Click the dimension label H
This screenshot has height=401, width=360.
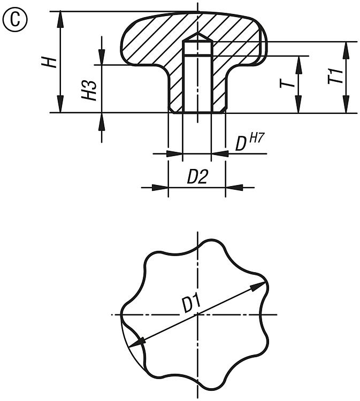[49, 63]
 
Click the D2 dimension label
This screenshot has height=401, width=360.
[197, 177]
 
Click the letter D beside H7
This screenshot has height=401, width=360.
[241, 144]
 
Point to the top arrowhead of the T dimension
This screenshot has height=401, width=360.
[298, 65]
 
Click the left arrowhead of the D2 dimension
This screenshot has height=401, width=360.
[160, 188]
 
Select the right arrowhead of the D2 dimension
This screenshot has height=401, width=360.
[234, 188]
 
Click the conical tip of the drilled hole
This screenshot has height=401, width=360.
[197, 33]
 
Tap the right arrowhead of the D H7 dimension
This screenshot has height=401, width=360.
[220, 153]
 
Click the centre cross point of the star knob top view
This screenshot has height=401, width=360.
[197, 314]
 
